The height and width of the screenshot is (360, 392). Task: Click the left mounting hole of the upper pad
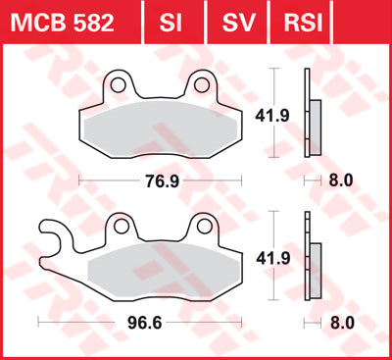pos(119,81)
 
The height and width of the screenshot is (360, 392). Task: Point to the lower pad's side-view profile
pos(315,270)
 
